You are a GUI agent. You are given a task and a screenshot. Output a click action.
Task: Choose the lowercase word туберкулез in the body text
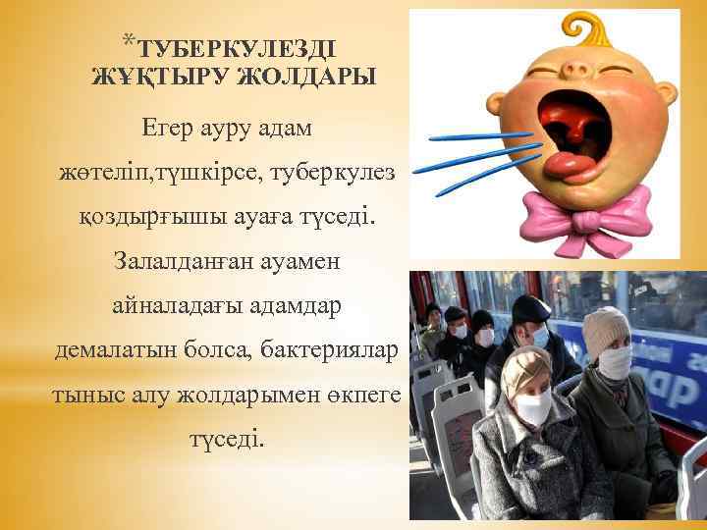(330, 173)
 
